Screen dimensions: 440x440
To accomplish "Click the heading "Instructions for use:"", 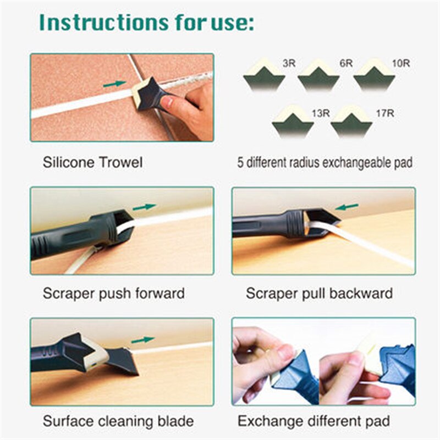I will (x=147, y=23).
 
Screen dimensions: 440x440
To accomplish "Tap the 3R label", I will (x=289, y=63).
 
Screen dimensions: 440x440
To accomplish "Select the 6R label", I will (x=345, y=63).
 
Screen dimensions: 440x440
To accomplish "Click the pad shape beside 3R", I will (x=264, y=75).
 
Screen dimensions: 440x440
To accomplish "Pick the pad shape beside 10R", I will (x=375, y=75).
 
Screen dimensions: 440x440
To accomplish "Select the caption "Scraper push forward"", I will (x=113, y=293).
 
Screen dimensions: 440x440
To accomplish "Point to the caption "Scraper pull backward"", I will (x=319, y=293).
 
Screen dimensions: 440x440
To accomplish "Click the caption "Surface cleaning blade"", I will (x=118, y=422).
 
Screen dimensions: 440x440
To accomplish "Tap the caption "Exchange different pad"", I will (x=314, y=422).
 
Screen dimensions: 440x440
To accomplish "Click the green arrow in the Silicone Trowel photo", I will (x=114, y=84).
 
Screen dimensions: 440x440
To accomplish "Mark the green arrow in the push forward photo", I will (x=144, y=207).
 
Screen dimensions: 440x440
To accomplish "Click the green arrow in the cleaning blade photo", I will (x=142, y=339).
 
